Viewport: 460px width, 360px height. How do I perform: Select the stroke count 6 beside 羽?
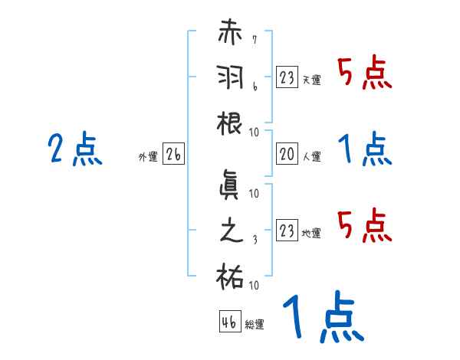pyautogui.click(x=254, y=87)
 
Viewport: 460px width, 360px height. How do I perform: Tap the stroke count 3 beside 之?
pyautogui.click(x=254, y=240)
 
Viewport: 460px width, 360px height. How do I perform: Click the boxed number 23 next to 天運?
pyautogui.click(x=287, y=77)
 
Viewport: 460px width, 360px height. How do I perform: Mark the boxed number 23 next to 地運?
pyautogui.click(x=287, y=230)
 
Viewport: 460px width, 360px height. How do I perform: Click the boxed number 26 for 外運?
pyautogui.click(x=173, y=154)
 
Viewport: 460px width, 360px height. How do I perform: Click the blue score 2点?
pyautogui.click(x=74, y=149)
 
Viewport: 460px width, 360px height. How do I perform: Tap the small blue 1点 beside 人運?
pyautogui.click(x=365, y=149)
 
